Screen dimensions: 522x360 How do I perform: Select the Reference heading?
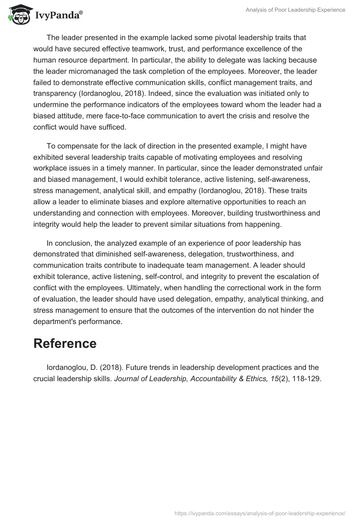(65, 343)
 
